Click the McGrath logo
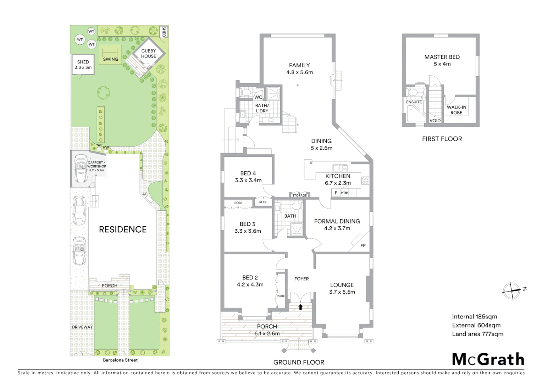(x=488, y=359)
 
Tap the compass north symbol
(x=511, y=290)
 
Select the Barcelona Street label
(x=120, y=360)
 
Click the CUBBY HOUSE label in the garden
(x=148, y=54)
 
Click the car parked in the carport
(x=81, y=168)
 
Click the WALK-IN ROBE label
(x=456, y=110)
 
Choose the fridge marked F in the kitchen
(x=336, y=193)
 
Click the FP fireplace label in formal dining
(x=363, y=245)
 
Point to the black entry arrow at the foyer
(x=300, y=307)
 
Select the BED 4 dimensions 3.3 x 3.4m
(x=248, y=180)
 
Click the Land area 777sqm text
(x=477, y=334)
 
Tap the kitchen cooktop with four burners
(x=365, y=180)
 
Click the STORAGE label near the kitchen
(x=299, y=195)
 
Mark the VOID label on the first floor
(x=435, y=121)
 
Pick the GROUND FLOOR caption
(x=299, y=362)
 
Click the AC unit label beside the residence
(x=145, y=194)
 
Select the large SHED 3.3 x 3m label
(x=83, y=65)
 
